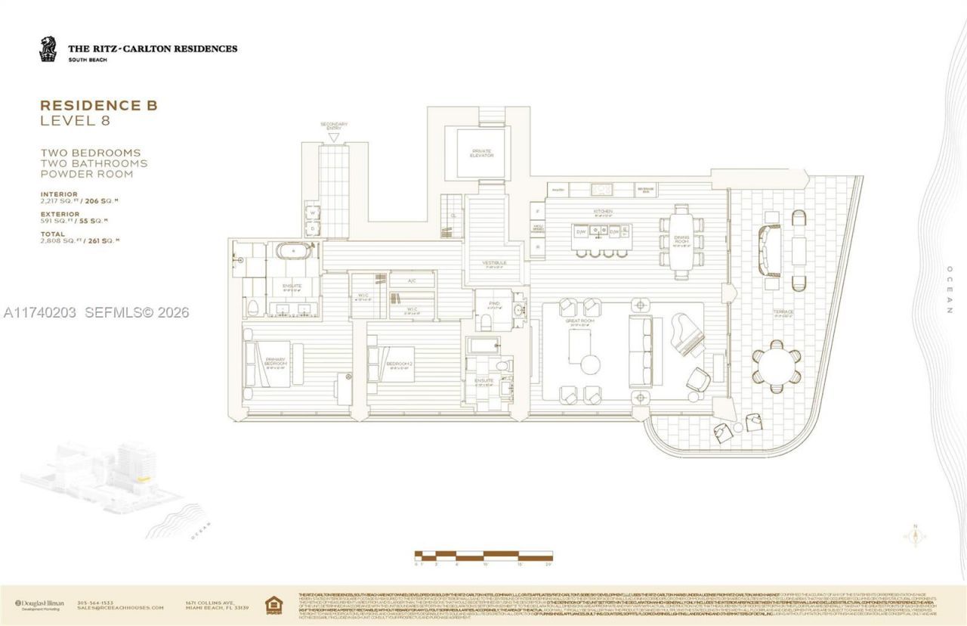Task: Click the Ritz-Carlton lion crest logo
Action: (48, 50)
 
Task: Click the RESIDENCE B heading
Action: (98, 106)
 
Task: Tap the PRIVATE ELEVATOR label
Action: (481, 153)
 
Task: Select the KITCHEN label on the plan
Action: (602, 211)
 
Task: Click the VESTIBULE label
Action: (494, 263)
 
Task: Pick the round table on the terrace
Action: (777, 364)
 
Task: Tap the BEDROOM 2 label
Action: (398, 364)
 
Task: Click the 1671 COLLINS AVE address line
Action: (206, 603)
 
